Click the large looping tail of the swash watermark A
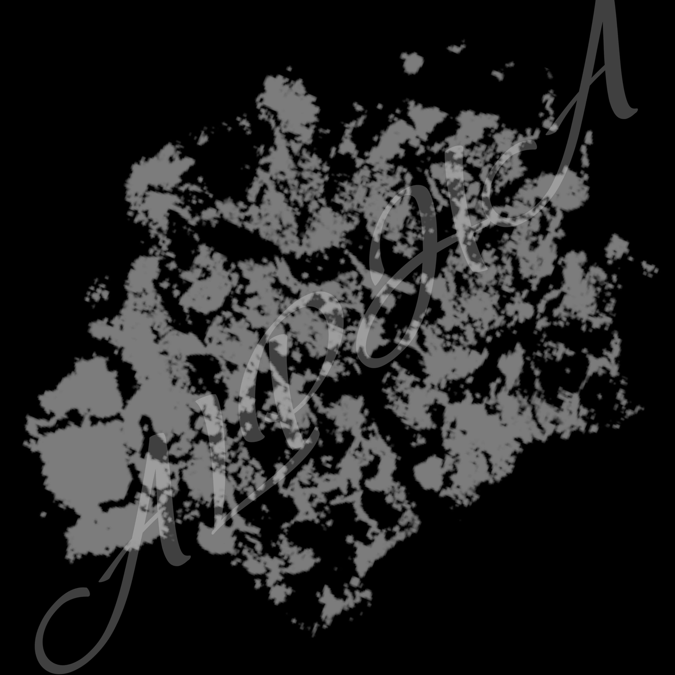pyautogui.click(x=45, y=625)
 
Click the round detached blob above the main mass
pyautogui.click(x=412, y=63)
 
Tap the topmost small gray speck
pyautogui.click(x=456, y=47)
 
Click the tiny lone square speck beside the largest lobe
pyautogui.click(x=43, y=514)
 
